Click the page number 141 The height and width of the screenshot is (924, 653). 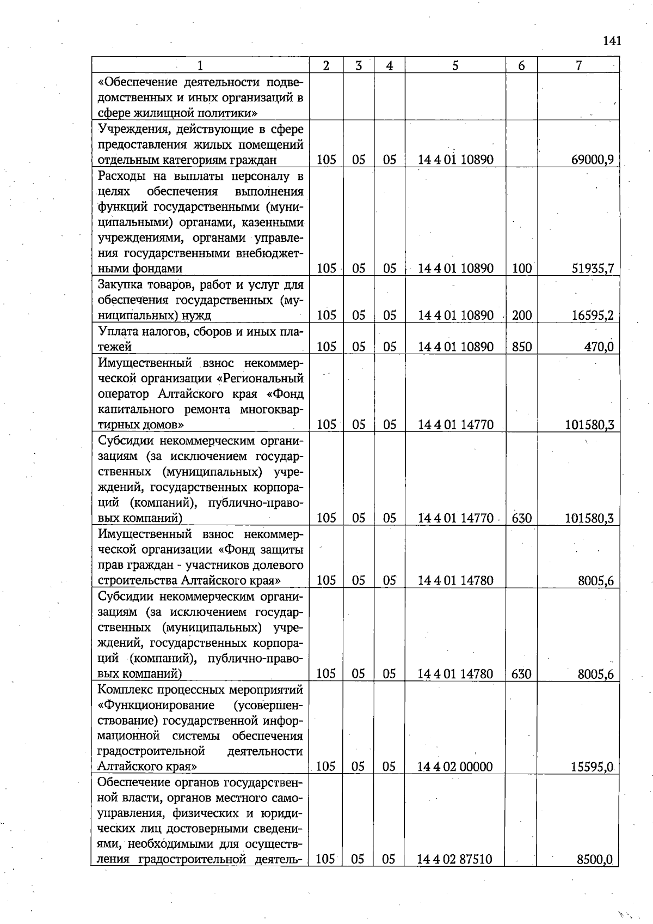[x=612, y=41]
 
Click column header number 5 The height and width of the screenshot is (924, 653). [x=455, y=66]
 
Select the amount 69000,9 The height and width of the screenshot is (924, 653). [x=592, y=160]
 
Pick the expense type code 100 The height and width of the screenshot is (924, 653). [x=521, y=268]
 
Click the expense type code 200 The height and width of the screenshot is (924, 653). [x=521, y=315]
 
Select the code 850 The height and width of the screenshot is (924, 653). [x=521, y=346]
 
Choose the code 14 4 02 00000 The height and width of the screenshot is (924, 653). [x=455, y=767]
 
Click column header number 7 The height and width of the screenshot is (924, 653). [x=578, y=66]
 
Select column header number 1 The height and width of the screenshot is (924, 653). [x=200, y=66]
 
